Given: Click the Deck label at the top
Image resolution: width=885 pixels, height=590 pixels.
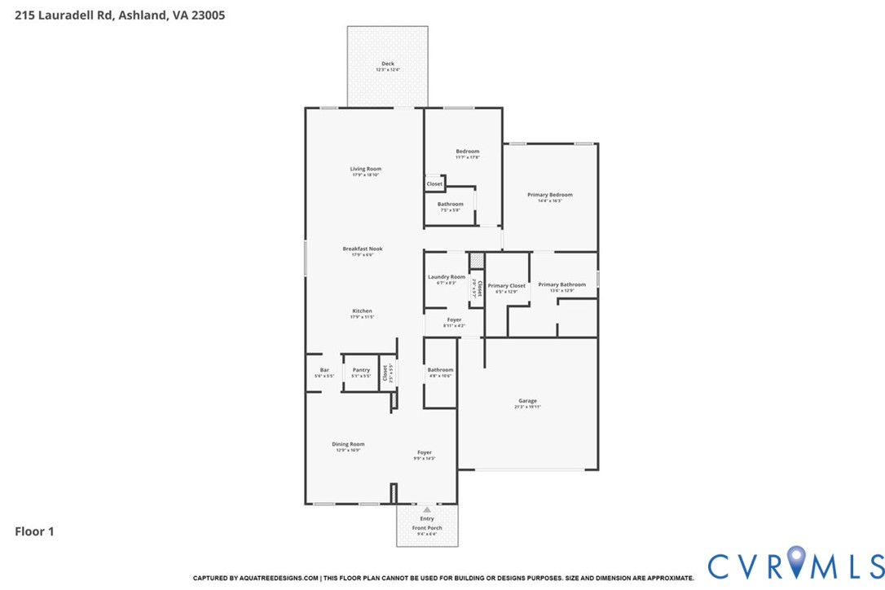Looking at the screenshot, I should (388, 64).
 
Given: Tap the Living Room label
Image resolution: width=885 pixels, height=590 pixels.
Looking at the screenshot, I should (366, 169).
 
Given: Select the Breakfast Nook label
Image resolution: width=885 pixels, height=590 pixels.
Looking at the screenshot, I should (363, 249).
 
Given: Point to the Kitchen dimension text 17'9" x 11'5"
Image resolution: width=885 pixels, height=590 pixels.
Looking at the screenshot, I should (363, 317).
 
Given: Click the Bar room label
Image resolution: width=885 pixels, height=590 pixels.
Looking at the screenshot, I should (324, 370).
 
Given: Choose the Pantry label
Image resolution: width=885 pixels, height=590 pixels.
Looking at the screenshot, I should (361, 370).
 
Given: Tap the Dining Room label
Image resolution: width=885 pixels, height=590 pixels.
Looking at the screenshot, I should (348, 444).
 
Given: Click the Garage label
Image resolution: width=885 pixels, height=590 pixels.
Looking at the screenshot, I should (527, 400).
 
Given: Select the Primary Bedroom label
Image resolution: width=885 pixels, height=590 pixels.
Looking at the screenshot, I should (549, 195).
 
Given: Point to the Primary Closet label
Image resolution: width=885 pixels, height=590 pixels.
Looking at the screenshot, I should (506, 285).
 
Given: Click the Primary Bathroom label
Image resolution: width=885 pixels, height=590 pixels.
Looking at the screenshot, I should (561, 284).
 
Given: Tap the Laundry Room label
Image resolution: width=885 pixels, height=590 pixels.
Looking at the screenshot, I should (447, 277).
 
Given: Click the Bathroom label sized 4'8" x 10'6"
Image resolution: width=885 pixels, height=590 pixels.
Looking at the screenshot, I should (440, 370).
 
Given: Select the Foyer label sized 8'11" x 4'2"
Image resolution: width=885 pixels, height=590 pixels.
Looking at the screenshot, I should (454, 319).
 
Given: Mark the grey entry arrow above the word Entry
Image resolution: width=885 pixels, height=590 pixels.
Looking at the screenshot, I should (426, 509).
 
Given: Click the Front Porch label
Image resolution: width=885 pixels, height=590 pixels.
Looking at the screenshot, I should (427, 528).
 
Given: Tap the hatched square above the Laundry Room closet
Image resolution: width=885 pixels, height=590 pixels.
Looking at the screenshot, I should (478, 261).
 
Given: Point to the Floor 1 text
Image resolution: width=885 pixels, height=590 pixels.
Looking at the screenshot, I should (34, 531).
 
